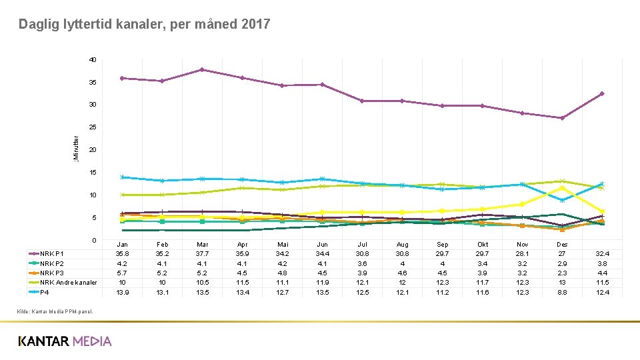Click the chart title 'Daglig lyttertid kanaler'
pos(144,25)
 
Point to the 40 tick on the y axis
pos(93,60)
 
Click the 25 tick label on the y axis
pos(93,127)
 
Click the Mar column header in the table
pos(202,245)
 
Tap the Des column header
pos(562,245)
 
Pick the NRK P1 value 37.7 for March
pos(202,254)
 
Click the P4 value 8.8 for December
pos(562,292)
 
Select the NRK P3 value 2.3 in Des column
pos(562,273)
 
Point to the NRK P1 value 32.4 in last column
pos(601,254)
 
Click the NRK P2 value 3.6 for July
pos(362,263)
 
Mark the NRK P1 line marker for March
pos(202,70)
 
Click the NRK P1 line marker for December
pos(562,118)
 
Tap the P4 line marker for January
pos(122,177)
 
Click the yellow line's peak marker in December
pos(562,188)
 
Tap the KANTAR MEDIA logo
pos(65,341)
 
